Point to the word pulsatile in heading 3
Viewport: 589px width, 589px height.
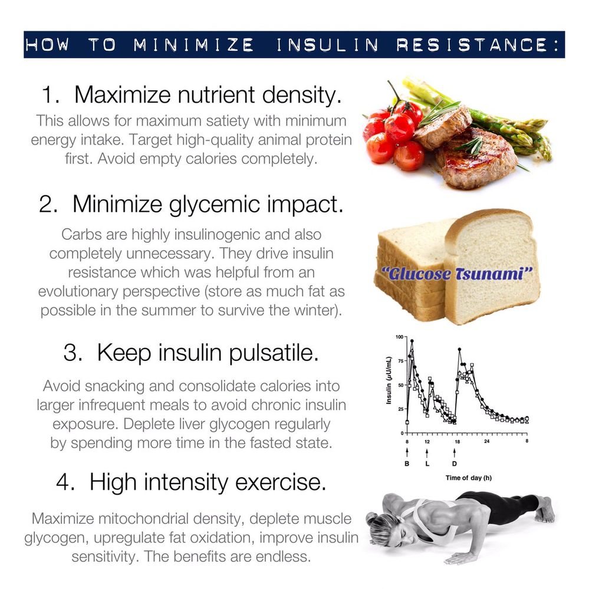[x=274, y=353]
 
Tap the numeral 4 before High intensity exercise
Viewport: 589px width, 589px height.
[x=65, y=482]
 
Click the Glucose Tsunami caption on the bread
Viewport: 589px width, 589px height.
[x=457, y=274]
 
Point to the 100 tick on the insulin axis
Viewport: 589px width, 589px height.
[x=400, y=337]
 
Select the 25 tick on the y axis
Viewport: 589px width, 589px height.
[x=400, y=409]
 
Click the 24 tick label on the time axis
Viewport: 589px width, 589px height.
[x=487, y=441]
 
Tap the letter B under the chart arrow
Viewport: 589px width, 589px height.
[x=407, y=463]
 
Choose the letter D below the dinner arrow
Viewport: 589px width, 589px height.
[x=455, y=463]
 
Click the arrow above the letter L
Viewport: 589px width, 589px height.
[x=427, y=452]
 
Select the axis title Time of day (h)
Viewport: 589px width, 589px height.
[x=468, y=478]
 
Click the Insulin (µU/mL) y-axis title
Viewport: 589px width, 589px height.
[x=389, y=380]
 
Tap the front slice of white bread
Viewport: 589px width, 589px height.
[x=493, y=267]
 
